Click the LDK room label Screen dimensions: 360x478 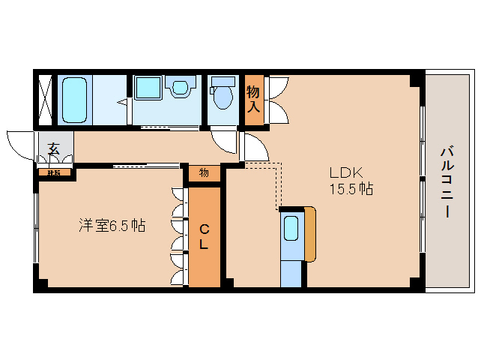click(345, 172)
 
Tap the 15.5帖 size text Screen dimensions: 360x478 click(351, 189)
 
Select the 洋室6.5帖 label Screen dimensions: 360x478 click(112, 224)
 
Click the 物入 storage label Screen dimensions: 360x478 click(254, 100)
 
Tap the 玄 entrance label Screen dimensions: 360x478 click(54, 148)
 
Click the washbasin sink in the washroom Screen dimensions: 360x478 click(179, 88)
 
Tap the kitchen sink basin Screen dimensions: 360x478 click(291, 228)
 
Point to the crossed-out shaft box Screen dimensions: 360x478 click(46, 99)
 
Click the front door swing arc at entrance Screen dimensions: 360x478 click(20, 144)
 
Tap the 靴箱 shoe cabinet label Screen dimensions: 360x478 click(55, 173)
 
